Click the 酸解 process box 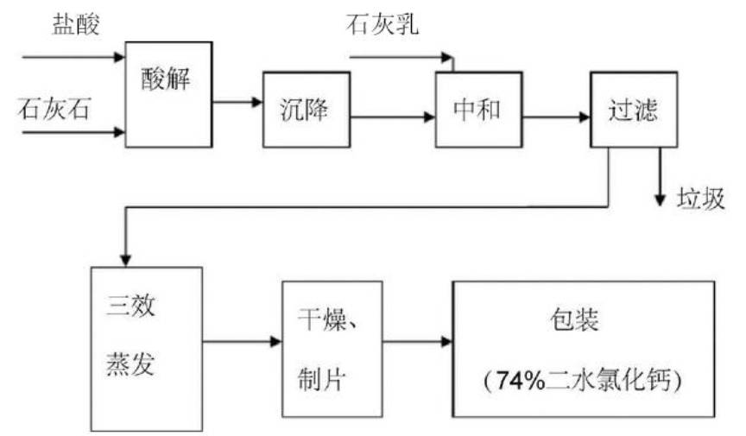(x=168, y=94)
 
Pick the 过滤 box (x=633, y=110)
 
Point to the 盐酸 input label (x=76, y=24)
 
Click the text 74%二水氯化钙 (x=584, y=379)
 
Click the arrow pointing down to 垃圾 (x=661, y=177)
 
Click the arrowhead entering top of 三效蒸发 (x=126, y=258)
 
